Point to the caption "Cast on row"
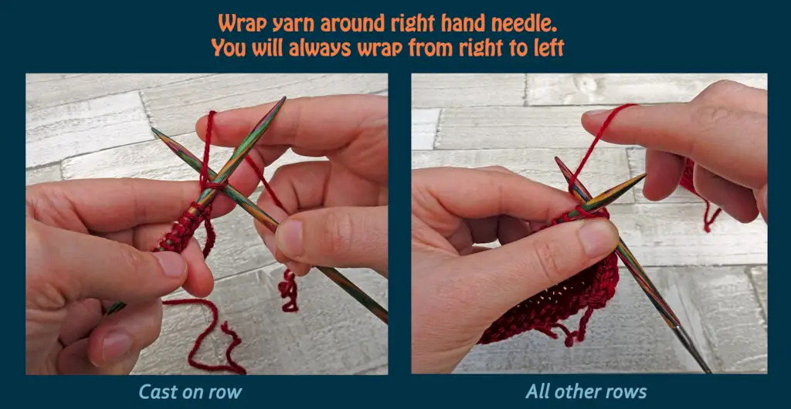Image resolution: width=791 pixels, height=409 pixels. pyautogui.click(x=190, y=391)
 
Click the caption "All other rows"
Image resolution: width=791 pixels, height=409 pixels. pyautogui.click(x=586, y=391)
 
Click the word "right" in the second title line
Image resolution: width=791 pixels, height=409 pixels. pyautogui.click(x=482, y=49)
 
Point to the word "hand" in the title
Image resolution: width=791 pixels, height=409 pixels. pyautogui.click(x=467, y=23)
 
